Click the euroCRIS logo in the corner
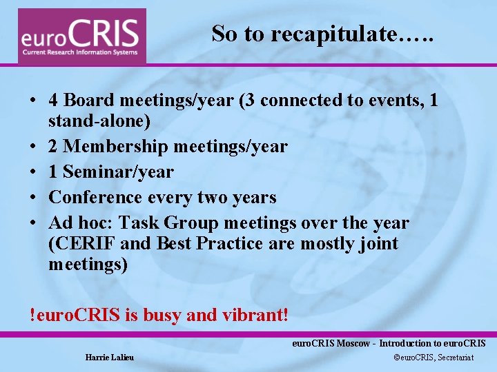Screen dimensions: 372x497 [82, 37]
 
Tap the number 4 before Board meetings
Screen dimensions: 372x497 [53, 101]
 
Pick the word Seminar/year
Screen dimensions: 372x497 [118, 172]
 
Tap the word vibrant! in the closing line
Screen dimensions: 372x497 [253, 316]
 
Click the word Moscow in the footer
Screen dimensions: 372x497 [352, 343]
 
